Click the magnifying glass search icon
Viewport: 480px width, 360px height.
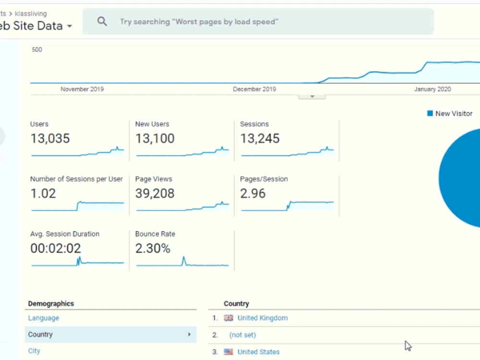(x=102, y=22)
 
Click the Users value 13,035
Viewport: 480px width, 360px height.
(x=50, y=138)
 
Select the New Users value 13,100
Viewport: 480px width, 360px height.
(x=155, y=138)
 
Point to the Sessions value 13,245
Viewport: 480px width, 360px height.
(x=260, y=138)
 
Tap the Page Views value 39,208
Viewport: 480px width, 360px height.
(x=155, y=193)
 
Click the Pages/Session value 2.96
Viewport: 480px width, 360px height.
(x=252, y=193)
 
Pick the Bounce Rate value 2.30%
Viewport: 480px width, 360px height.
(x=153, y=248)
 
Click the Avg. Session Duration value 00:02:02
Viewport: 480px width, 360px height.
(x=55, y=248)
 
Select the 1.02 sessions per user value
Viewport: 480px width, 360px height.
(x=43, y=193)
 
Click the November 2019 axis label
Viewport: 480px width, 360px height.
(x=82, y=89)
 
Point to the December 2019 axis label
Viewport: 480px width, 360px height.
(x=254, y=89)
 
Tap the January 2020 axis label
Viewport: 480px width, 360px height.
(x=432, y=89)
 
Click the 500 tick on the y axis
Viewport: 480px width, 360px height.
(x=37, y=49)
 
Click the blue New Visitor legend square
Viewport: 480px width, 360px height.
(x=430, y=113)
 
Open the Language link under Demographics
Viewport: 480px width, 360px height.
(x=44, y=318)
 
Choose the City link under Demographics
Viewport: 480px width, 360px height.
(x=34, y=351)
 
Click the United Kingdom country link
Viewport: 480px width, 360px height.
(x=263, y=318)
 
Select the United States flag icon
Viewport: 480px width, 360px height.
(x=228, y=352)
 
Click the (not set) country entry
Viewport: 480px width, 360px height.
(x=242, y=335)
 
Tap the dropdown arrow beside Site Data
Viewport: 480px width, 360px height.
(x=70, y=26)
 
